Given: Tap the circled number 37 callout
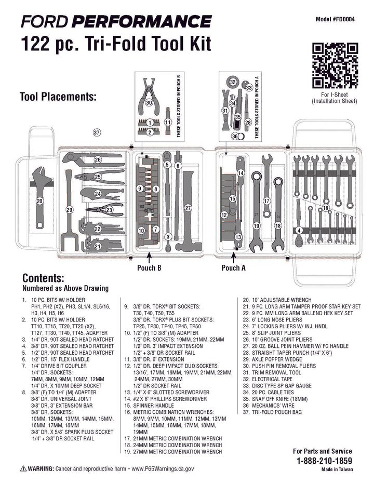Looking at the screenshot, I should pyautogui.click(x=97, y=132).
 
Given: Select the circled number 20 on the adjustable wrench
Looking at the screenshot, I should pyautogui.click(x=39, y=200).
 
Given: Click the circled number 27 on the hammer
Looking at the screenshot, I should pyautogui.click(x=188, y=208).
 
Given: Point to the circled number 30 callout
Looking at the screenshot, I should pyautogui.click(x=149, y=103).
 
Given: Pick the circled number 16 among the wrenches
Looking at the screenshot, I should pyautogui.click(x=326, y=208).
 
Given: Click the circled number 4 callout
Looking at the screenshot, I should pyautogui.click(x=299, y=230).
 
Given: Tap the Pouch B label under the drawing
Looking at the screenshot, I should pyautogui.click(x=149, y=268).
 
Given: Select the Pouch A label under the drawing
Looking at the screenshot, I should pyautogui.click(x=234, y=268).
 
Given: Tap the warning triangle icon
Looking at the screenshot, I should pyautogui.click(x=23, y=468).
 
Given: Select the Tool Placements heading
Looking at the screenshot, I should pyautogui.click(x=58, y=97).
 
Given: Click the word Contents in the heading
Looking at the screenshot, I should pyautogui.click(x=43, y=278).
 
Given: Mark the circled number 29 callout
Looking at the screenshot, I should pyautogui.click(x=70, y=210).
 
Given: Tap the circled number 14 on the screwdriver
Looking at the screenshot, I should pyautogui.click(x=241, y=172).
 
